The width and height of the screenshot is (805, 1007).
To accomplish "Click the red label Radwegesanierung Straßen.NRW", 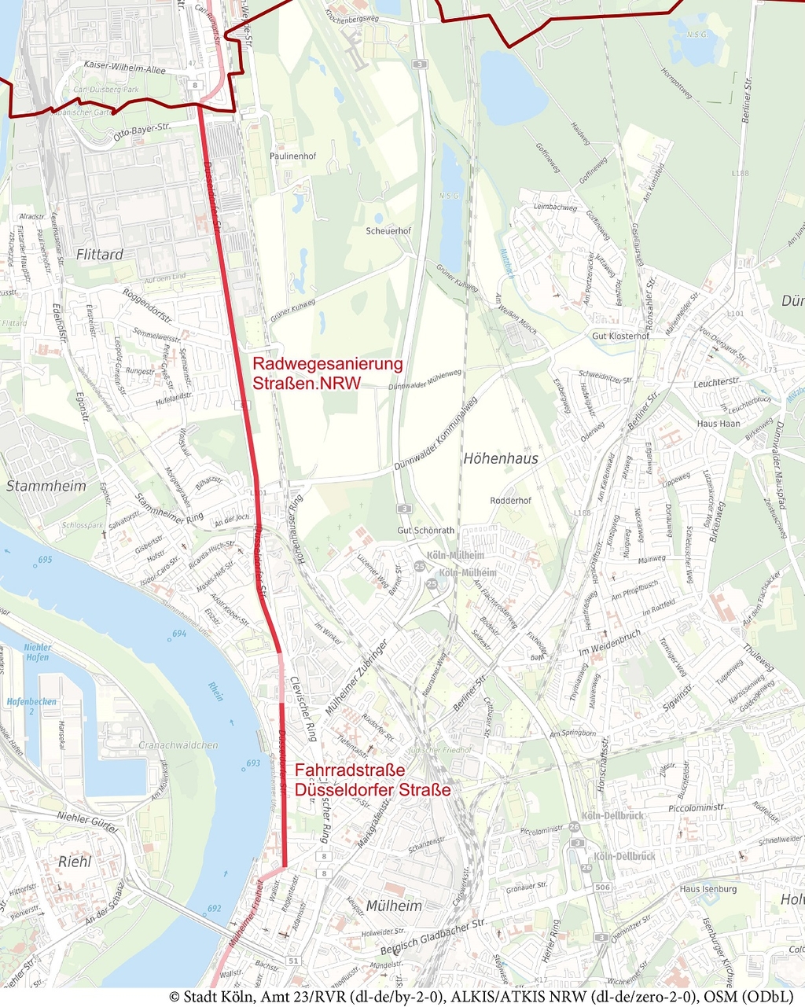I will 327,373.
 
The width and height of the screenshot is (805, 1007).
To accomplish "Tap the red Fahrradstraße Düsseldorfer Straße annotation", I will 372,779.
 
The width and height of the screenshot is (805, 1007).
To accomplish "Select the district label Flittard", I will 100,255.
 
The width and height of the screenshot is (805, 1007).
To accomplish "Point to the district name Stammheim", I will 46,486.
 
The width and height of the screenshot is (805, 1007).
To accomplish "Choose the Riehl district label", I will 75,862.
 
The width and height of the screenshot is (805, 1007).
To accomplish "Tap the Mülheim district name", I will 394,906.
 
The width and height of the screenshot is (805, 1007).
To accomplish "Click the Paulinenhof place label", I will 292,156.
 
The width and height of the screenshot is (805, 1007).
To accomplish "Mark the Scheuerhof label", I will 388,231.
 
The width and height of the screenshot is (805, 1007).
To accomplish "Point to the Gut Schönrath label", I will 425,531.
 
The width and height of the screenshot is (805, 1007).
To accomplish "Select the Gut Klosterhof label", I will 620,336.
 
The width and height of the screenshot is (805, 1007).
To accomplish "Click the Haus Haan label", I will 719,423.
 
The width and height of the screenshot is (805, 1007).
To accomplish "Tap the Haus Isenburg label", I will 708,889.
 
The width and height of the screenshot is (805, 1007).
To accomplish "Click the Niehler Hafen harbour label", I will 37,652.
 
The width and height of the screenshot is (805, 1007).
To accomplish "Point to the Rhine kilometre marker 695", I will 44,559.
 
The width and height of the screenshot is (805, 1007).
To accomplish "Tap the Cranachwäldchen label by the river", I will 178,744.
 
